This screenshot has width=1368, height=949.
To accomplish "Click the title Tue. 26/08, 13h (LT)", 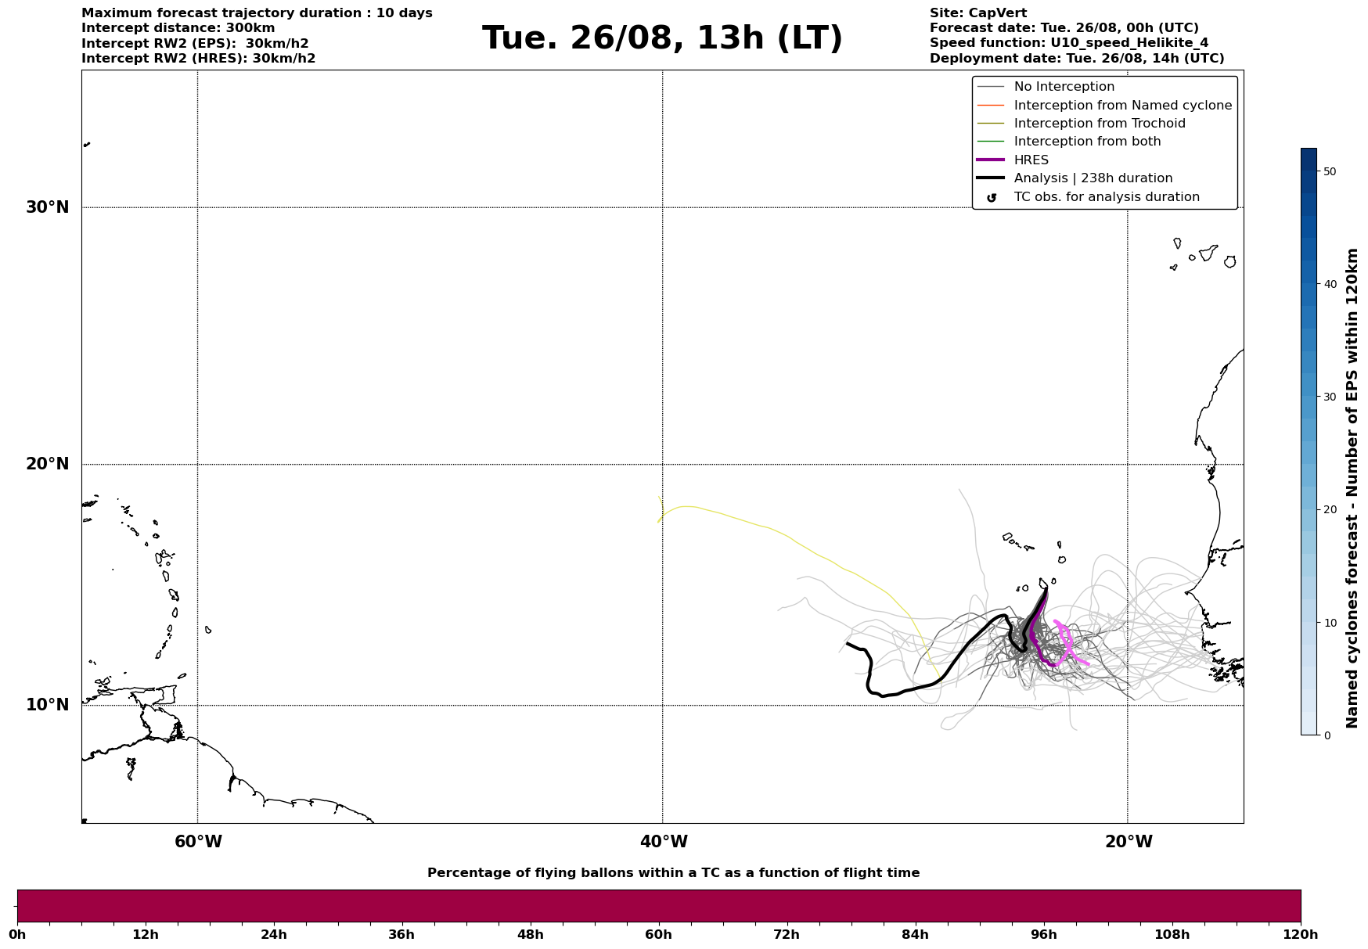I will pos(662,38).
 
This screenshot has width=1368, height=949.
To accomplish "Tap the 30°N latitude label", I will pos(48,207).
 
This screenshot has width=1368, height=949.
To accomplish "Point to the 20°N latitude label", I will pos(48,464).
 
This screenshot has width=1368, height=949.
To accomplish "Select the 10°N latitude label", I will pos(48,705).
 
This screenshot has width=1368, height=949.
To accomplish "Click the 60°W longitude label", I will pos(198,842).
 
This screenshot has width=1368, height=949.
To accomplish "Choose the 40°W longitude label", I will pos(664,842).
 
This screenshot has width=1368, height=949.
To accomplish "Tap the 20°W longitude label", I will pos(1129,842).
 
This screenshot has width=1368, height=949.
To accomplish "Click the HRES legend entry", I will pos(1031,160).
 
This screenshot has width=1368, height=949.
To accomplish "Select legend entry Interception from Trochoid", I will pos(1099,124).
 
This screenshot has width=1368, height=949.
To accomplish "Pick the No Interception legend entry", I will pos(1064,87).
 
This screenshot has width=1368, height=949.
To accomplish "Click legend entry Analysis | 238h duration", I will pos(1093,178).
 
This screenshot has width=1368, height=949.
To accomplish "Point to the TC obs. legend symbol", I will pos(992,198).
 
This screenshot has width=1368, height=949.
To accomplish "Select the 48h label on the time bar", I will pos(530,935).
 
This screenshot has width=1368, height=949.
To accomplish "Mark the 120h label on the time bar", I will pos(1300,935).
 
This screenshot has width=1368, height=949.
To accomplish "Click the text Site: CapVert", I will pos(977,13).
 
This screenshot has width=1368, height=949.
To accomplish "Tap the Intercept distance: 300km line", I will pos(178,28).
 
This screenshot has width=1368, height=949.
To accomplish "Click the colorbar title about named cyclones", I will pos(1352,488).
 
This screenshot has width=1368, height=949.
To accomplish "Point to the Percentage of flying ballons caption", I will pos(673,873).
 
